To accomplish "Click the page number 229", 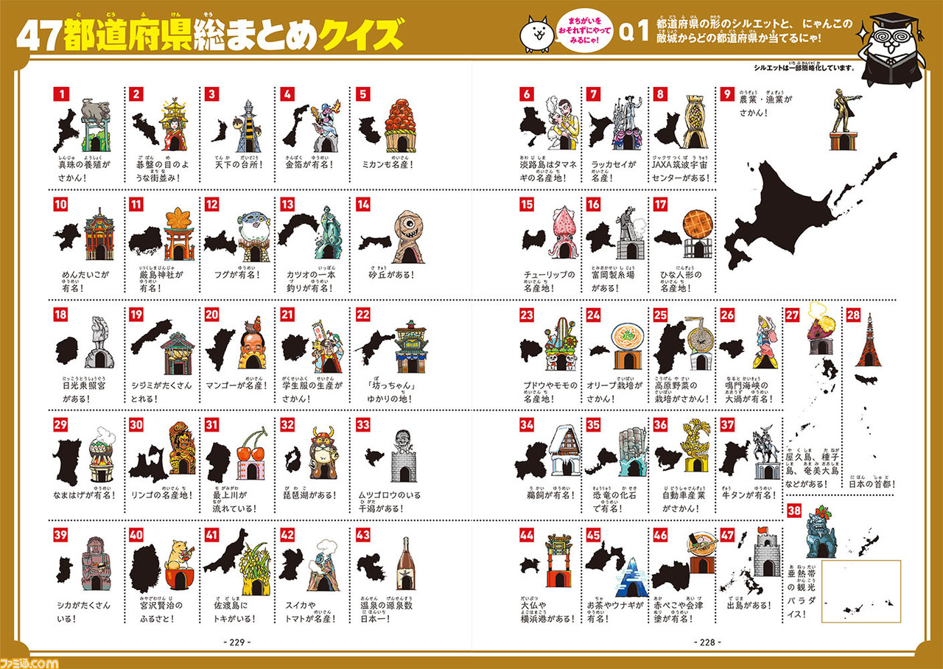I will pyautogui.click(x=236, y=642).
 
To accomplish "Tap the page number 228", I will pyautogui.click(x=707, y=642).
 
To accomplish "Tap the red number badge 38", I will pyautogui.click(x=794, y=511).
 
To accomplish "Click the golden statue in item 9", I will pyautogui.click(x=841, y=111).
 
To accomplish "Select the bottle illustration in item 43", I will pyautogui.click(x=402, y=564).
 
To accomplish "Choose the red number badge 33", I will pyautogui.click(x=362, y=424).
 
